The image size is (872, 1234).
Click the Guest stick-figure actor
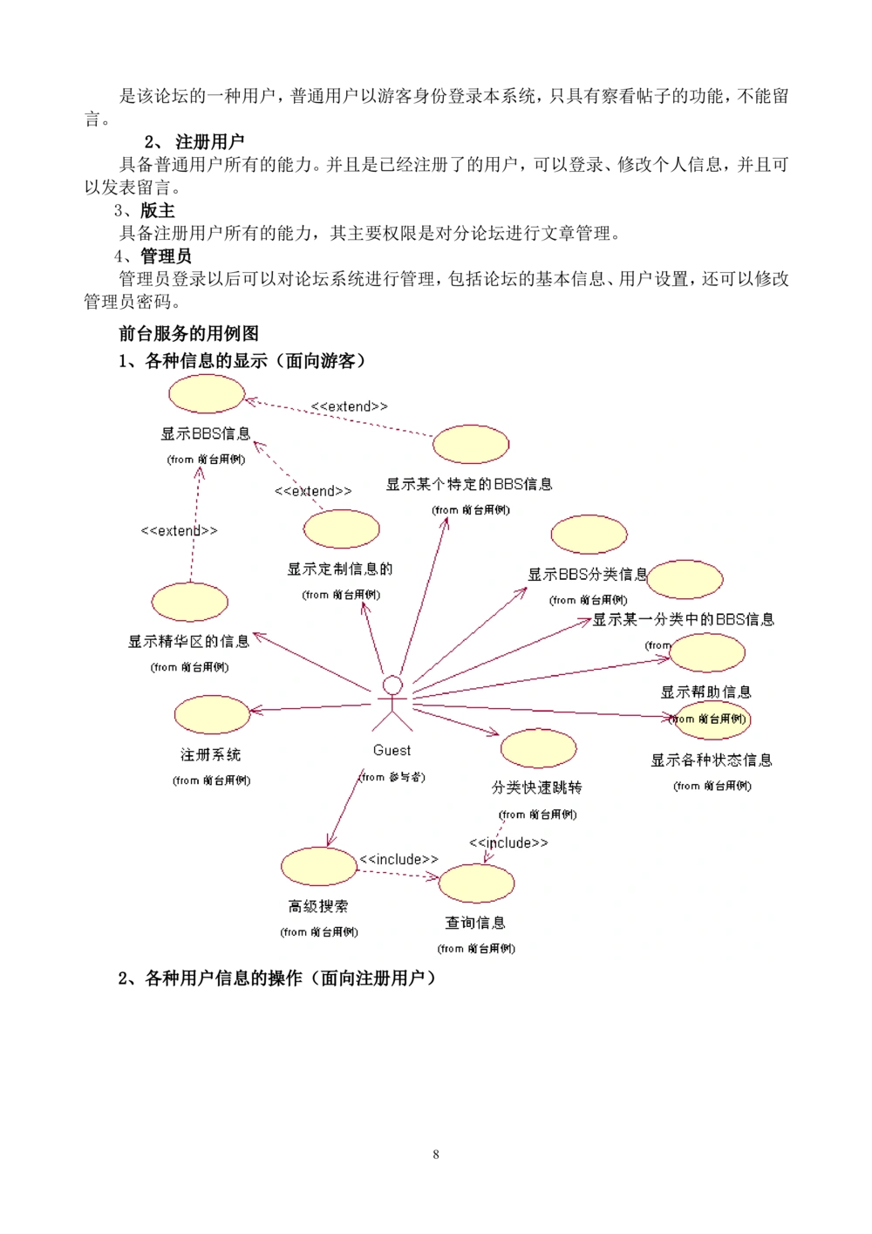392,702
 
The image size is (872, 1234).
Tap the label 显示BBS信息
206,433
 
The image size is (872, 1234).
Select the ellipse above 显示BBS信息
207,394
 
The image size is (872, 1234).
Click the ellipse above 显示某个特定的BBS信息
471,444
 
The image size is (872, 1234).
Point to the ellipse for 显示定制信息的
342,529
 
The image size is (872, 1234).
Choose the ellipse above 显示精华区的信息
189,602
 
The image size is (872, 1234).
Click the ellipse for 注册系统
212,714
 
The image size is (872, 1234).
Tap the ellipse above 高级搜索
319,866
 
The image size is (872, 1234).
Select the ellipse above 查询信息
476,883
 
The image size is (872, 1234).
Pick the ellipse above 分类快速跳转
538,748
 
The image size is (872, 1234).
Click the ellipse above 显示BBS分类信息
589,535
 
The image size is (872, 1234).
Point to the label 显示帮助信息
705,692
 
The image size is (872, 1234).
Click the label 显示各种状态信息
712,760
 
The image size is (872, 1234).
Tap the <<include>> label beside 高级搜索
399,860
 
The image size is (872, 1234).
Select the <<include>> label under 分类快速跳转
508,842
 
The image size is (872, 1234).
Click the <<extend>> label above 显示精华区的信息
180,530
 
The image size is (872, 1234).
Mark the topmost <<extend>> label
350,406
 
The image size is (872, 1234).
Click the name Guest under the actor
392,750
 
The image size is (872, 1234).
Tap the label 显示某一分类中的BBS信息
684,620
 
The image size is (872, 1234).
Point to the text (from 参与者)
392,777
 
